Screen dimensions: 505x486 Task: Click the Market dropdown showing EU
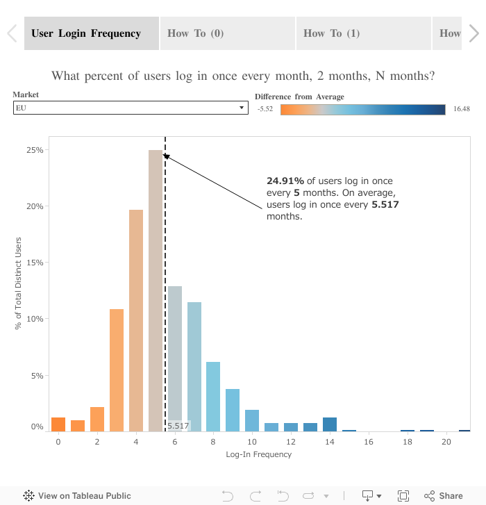click(x=131, y=108)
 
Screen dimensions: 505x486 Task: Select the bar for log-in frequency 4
click(x=136, y=320)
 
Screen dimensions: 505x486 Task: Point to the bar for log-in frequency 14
click(x=330, y=424)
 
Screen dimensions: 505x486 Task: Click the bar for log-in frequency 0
click(x=58, y=424)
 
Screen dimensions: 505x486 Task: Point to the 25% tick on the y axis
click(x=35, y=150)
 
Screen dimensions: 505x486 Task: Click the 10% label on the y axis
click(x=35, y=319)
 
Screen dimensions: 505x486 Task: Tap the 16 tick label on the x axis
click(x=369, y=442)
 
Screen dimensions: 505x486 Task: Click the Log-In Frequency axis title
click(x=258, y=454)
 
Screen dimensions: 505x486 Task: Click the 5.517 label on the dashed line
click(x=178, y=426)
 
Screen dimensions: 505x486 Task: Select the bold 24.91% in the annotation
click(x=285, y=181)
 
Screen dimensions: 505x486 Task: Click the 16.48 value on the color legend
click(x=462, y=109)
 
